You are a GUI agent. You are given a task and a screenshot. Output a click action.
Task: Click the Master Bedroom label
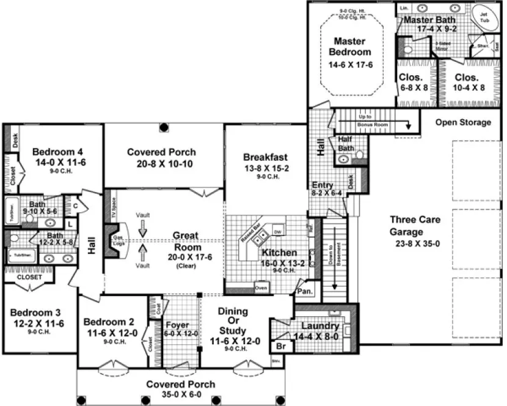350,47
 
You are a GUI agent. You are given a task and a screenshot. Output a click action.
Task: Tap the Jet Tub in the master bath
484,17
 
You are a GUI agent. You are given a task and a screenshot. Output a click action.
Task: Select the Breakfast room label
265,157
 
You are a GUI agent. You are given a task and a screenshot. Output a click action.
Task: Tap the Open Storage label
463,122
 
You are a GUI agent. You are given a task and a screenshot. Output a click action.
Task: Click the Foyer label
177,325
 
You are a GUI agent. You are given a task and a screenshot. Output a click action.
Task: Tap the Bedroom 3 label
38,312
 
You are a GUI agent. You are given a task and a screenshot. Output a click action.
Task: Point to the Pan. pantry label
304,292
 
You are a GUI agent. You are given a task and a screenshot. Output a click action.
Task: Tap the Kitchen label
280,253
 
